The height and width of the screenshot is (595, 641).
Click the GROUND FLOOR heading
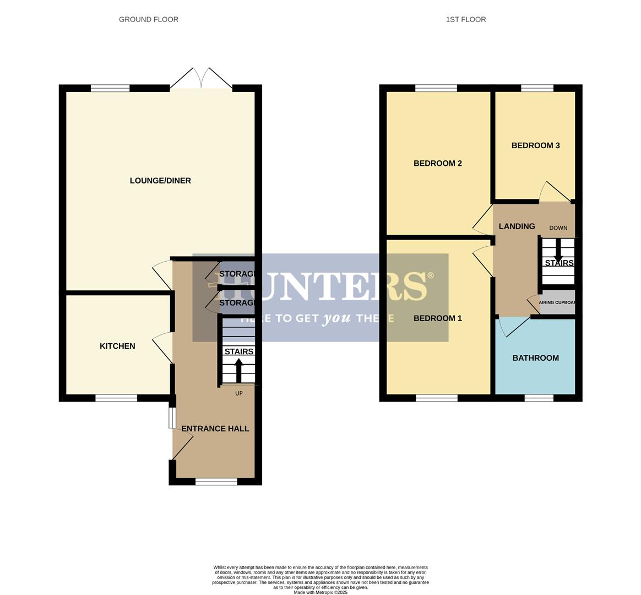pyautogui.click(x=149, y=19)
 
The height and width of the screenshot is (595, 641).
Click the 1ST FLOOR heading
pyautogui.click(x=466, y=19)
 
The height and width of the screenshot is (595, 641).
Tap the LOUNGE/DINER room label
pyautogui.click(x=160, y=181)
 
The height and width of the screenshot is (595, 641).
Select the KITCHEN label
pyautogui.click(x=117, y=346)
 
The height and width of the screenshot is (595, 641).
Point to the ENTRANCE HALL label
pyautogui.click(x=215, y=429)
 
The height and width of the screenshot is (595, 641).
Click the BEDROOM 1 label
pyautogui.click(x=438, y=318)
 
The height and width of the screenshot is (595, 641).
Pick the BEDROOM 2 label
pyautogui.click(x=438, y=163)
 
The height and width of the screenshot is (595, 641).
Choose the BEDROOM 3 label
pyautogui.click(x=535, y=145)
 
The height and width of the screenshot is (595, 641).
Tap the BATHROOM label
pyautogui.click(x=535, y=358)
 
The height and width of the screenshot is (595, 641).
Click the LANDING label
pyautogui.click(x=517, y=226)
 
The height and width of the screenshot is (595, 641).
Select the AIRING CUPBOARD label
pyautogui.click(x=557, y=302)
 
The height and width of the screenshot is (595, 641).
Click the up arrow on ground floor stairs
pyautogui.click(x=238, y=370)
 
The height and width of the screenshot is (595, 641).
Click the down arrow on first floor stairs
pyautogui.click(x=558, y=251)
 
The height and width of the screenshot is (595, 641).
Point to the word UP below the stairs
pyautogui.click(x=239, y=393)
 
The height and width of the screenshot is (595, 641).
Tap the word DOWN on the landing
pyautogui.click(x=558, y=228)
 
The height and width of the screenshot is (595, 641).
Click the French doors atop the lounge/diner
pyautogui.click(x=201, y=79)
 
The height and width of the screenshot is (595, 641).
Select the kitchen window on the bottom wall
pyautogui.click(x=116, y=398)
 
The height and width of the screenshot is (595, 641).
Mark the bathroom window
pyautogui.click(x=539, y=398)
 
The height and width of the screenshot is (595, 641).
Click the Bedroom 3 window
pyautogui.click(x=537, y=88)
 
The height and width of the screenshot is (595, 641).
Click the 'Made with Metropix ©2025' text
pyautogui.click(x=320, y=592)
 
